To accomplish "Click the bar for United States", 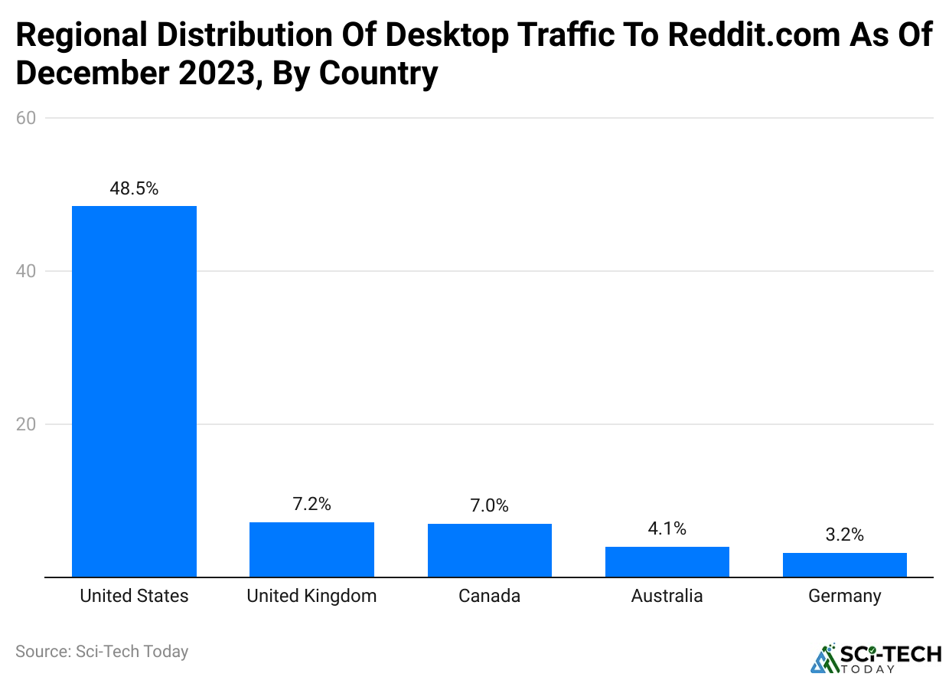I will click(x=134, y=391).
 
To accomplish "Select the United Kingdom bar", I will click(x=311, y=549).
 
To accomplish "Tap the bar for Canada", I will click(x=489, y=550).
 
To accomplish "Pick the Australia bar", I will click(x=667, y=561).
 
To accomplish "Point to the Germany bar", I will click(x=844, y=564).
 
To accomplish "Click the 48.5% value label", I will click(x=134, y=188).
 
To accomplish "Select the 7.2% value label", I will click(x=311, y=505).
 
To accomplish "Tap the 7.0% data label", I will click(x=489, y=506).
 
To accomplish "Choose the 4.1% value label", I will click(x=667, y=528).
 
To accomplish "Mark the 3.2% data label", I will click(x=844, y=535).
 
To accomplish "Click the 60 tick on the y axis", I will click(x=27, y=118).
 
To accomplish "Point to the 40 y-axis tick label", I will click(x=27, y=271).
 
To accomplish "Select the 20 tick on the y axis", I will click(x=27, y=424).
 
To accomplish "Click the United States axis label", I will click(x=134, y=596).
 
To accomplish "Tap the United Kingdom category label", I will click(x=311, y=596).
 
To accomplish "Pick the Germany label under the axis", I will click(x=844, y=596).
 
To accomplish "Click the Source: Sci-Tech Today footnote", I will click(x=102, y=652).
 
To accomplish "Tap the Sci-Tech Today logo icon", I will click(x=824, y=659).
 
